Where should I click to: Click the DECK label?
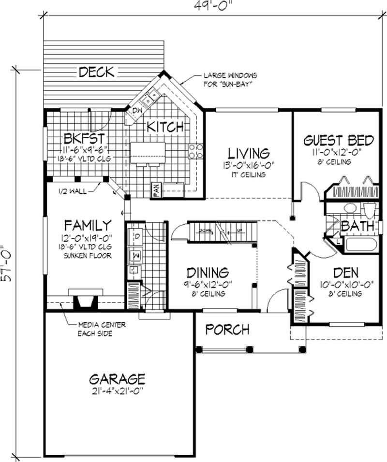coord(97,72)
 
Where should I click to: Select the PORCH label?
coord(227,330)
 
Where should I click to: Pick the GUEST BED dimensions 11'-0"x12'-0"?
coord(338,152)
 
